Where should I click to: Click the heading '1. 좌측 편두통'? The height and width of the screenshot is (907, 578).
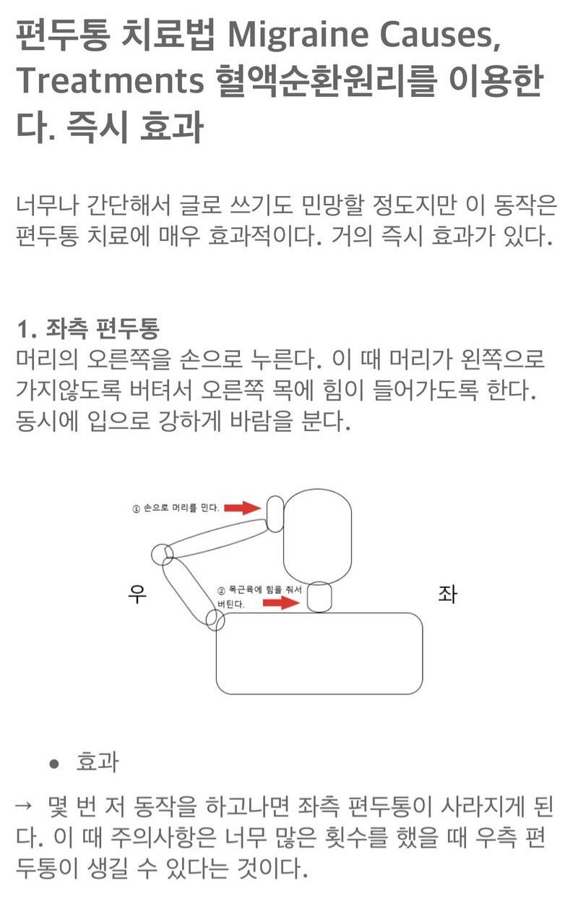(x=87, y=330)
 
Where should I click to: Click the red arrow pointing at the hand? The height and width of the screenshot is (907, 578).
(x=243, y=508)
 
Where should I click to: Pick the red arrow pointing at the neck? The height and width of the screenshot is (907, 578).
(x=280, y=603)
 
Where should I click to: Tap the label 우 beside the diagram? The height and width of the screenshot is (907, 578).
(x=137, y=595)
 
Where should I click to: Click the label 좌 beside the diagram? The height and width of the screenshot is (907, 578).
(x=447, y=595)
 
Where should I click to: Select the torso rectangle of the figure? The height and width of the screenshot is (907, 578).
(x=319, y=653)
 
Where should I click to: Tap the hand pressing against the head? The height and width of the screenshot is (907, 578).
(x=275, y=514)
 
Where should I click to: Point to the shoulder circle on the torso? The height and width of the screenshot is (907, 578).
(x=215, y=621)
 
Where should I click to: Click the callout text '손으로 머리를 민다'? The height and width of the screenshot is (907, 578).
(x=181, y=508)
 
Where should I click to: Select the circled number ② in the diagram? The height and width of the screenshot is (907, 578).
(x=222, y=591)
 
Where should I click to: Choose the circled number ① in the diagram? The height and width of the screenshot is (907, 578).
(x=136, y=508)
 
